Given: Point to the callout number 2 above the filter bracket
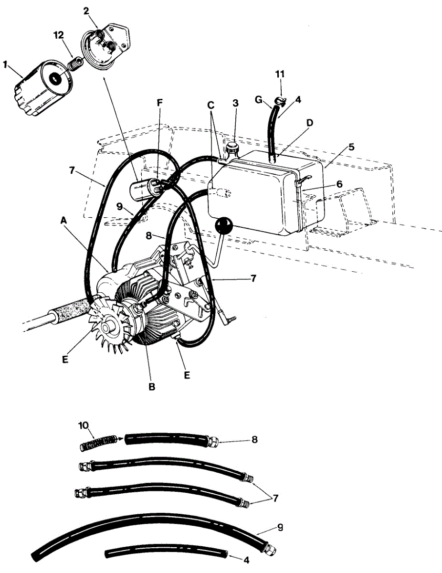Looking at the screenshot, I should pyautogui.click(x=87, y=11).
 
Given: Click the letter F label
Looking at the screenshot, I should pyautogui.click(x=160, y=103).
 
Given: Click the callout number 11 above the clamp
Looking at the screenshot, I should pyautogui.click(x=280, y=74).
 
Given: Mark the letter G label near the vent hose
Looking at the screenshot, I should pyautogui.click(x=259, y=99).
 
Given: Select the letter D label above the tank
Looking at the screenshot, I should pyautogui.click(x=310, y=123).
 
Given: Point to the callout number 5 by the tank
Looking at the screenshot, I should pyautogui.click(x=352, y=147).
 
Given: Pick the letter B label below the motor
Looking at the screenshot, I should pyautogui.click(x=152, y=387).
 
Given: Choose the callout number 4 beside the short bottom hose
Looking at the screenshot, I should pyautogui.click(x=246, y=560).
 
